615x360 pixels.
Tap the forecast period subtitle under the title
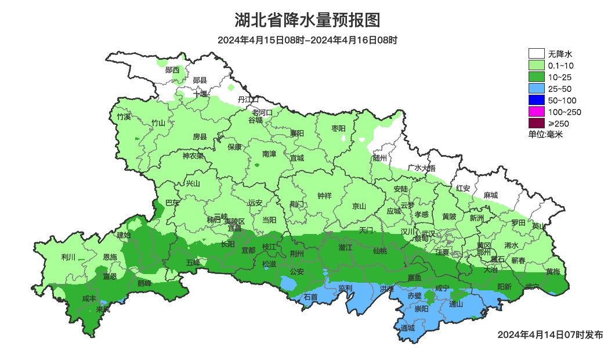(x=307, y=40)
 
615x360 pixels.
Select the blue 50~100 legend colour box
(x=536, y=100)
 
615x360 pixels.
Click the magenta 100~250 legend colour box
(x=536, y=111)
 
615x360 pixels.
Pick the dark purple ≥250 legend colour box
(x=536, y=123)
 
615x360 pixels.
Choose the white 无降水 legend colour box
(x=536, y=54)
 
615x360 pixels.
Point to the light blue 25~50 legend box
(x=536, y=88)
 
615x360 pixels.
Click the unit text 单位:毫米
(x=545, y=134)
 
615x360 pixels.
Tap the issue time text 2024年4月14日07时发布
(x=550, y=334)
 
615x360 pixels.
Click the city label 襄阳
(x=297, y=133)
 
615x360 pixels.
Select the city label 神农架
(x=193, y=156)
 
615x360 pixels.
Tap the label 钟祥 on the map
(x=324, y=196)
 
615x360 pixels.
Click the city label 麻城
(x=491, y=196)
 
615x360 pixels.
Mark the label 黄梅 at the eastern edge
(x=553, y=272)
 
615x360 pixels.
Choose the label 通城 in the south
(x=408, y=328)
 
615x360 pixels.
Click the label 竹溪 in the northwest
(x=124, y=117)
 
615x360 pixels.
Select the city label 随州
(x=380, y=158)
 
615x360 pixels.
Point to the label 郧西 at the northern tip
(x=172, y=70)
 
